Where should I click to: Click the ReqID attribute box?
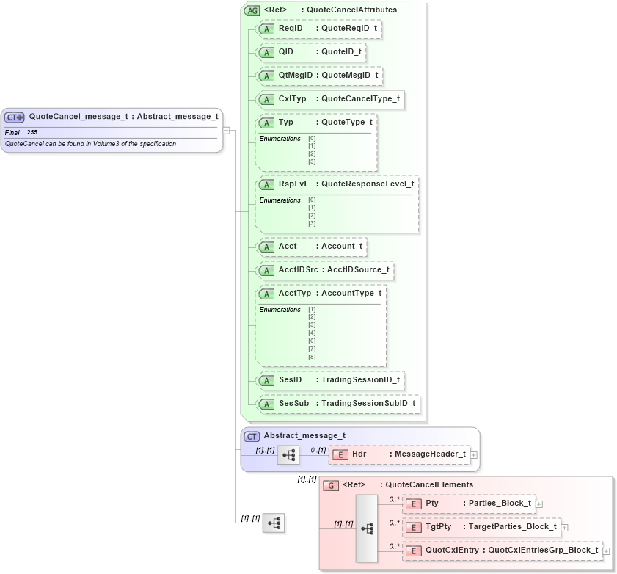click(x=318, y=29)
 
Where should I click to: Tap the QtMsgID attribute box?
click(x=318, y=76)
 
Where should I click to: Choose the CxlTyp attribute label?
click(x=292, y=99)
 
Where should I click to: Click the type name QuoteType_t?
click(x=346, y=122)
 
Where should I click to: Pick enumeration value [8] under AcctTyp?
click(x=312, y=357)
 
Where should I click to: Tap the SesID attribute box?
click(x=329, y=380)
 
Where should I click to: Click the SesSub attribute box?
click(x=337, y=404)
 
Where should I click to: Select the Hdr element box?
click(x=399, y=454)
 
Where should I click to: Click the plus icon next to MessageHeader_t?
click(x=474, y=455)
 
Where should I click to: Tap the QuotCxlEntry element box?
click(x=502, y=551)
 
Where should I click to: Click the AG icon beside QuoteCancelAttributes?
click(x=252, y=10)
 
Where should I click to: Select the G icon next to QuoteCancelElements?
click(x=331, y=485)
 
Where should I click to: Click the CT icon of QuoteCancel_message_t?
click(x=15, y=117)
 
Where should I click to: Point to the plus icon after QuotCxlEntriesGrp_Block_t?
click(x=606, y=551)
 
